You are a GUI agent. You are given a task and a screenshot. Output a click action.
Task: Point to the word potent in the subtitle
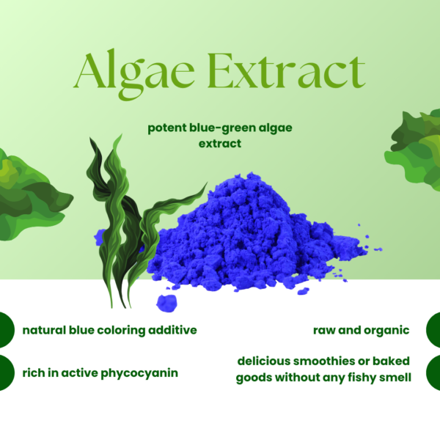[x=166, y=128]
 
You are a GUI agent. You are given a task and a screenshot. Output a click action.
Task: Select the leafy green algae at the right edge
[x=414, y=147]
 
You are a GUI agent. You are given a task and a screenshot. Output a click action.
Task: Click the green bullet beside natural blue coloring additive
[x=6, y=330]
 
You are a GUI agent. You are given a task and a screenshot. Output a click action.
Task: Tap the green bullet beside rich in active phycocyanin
[x=6, y=373]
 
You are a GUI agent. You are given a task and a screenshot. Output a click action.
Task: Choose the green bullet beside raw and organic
[x=434, y=330]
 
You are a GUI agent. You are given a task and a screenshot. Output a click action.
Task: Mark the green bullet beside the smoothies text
[x=434, y=370]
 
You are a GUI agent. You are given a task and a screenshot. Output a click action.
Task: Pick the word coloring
[x=118, y=330]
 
